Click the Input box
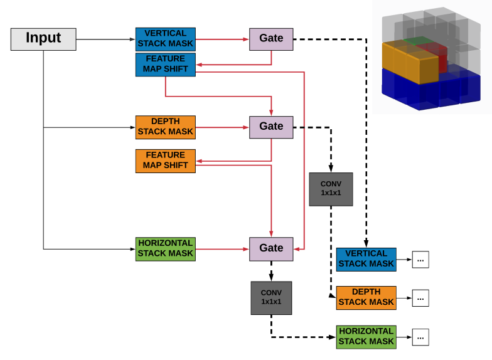43,39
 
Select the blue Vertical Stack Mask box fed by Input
166,39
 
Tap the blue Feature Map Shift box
166,65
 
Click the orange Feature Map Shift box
166,161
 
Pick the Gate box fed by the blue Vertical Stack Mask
271,39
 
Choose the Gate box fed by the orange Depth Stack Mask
271,127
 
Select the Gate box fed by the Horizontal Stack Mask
271,248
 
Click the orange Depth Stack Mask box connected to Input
166,127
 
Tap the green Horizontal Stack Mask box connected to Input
166,249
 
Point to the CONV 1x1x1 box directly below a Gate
271,298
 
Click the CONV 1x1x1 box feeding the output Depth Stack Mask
331,189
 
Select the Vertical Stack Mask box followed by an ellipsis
366,259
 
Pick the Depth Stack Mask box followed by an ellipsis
366,297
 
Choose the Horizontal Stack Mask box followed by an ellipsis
366,337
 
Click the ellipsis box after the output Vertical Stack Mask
420,259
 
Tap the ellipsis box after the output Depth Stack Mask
420,298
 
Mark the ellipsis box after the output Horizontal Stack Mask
420,337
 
